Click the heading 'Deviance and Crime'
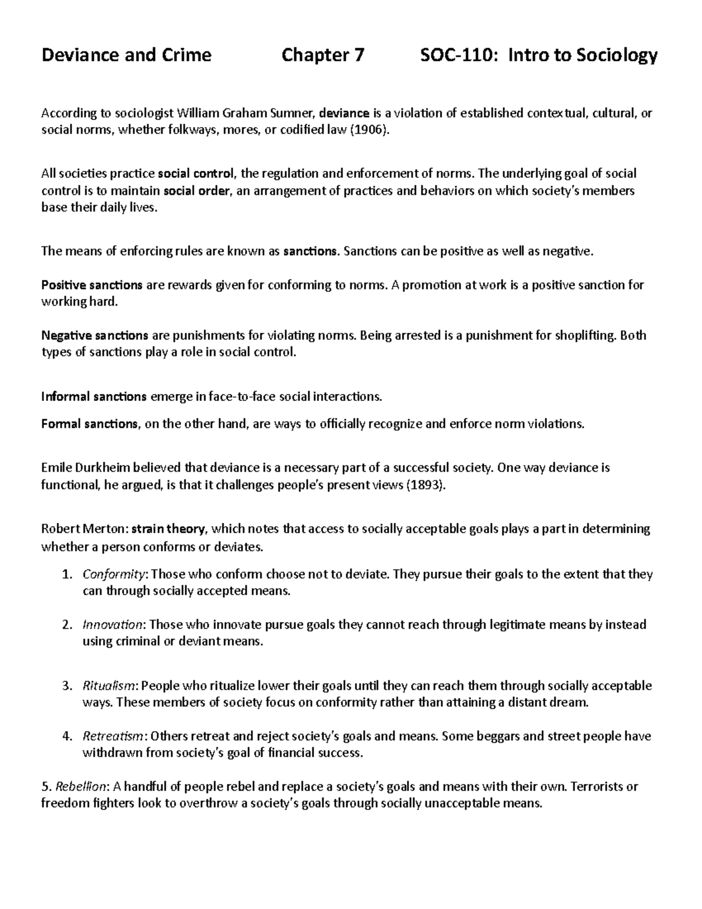pyautogui.click(x=126, y=55)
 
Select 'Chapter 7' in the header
pyautogui.click(x=323, y=55)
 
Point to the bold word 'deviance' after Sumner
pyautogui.click(x=345, y=113)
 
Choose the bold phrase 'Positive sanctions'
pyautogui.click(x=92, y=285)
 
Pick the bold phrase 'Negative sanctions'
pyautogui.click(x=95, y=335)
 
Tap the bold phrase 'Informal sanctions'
pyautogui.click(x=94, y=396)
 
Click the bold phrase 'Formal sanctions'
pyautogui.click(x=90, y=424)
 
